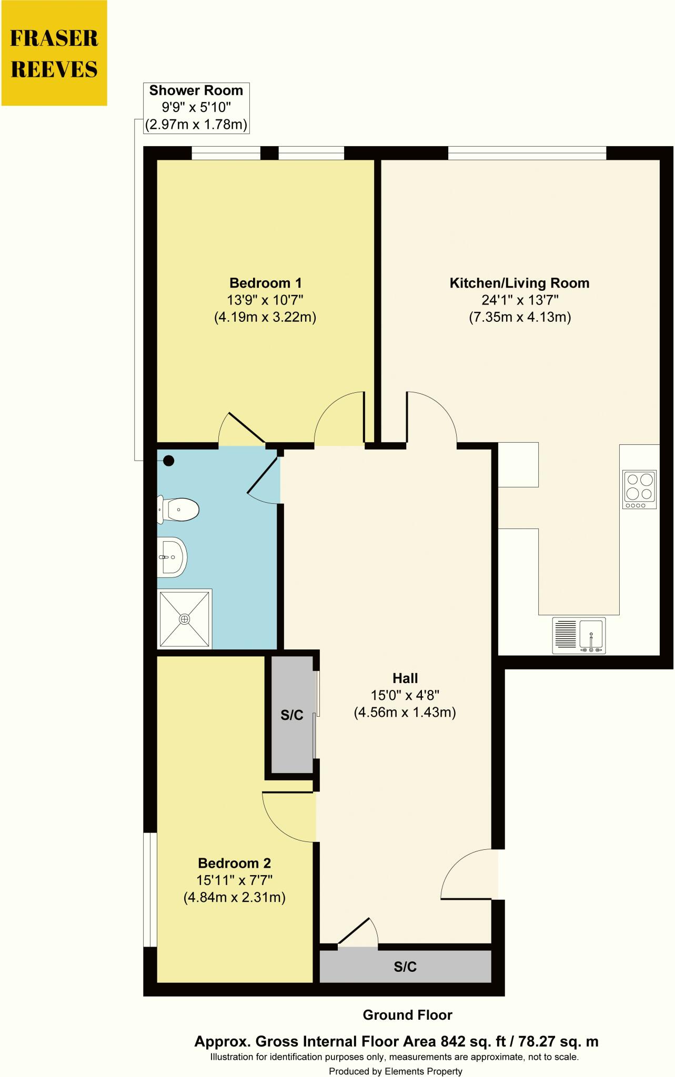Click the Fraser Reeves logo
[x=54, y=53]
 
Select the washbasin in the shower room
[x=173, y=557]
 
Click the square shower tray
[x=184, y=618]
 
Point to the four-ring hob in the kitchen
[x=639, y=489]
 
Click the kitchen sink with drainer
[x=579, y=635]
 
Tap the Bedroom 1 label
[x=265, y=283]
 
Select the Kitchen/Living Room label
[x=519, y=283]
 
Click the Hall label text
[x=405, y=678]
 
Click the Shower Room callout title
[x=196, y=90]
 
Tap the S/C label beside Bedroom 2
[x=291, y=715]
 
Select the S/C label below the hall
[x=405, y=966]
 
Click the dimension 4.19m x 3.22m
[x=265, y=318]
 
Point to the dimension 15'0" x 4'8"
[x=405, y=695]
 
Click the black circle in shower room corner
[x=168, y=461]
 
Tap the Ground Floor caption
[x=407, y=1015]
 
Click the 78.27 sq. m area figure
[x=558, y=1041]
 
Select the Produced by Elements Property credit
[x=395, y=1071]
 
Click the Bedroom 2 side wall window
[x=150, y=889]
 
